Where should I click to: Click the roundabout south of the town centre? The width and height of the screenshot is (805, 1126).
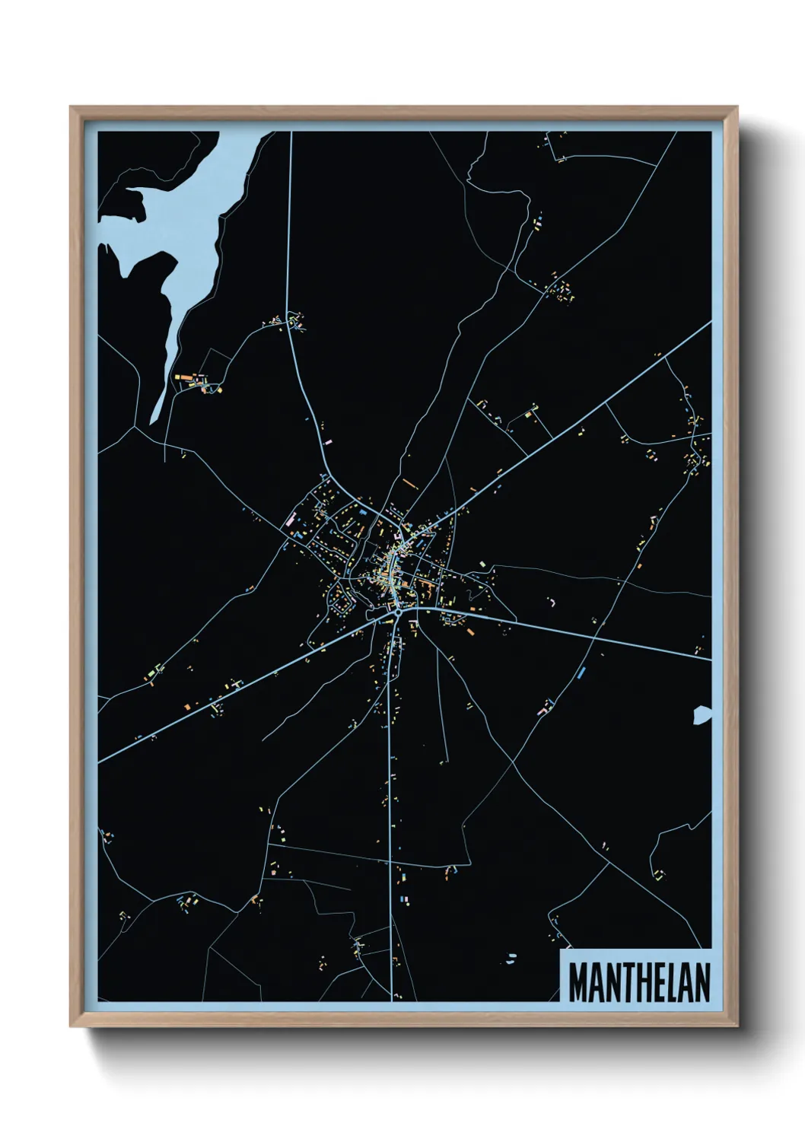[x=397, y=609]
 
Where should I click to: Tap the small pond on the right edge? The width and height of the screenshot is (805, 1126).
[x=702, y=715]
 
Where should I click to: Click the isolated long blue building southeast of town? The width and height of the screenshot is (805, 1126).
[x=582, y=673]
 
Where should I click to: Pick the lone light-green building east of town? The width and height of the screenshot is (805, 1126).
[x=482, y=564]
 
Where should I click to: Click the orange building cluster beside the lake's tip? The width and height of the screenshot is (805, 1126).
[x=190, y=378]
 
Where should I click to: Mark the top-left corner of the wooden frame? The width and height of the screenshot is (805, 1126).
[x=72, y=107]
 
